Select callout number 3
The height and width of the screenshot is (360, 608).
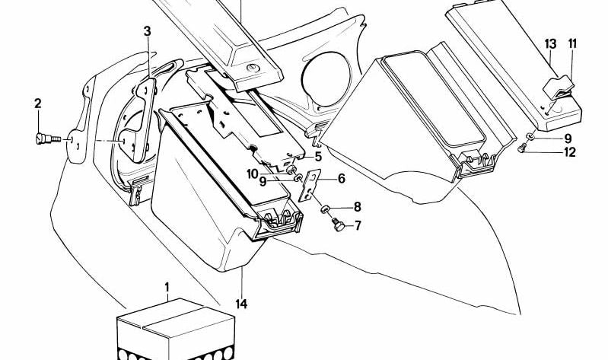pyautogui.click(x=148, y=31)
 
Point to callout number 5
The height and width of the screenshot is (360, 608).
pyautogui.click(x=318, y=157)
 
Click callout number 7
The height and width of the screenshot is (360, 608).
pyautogui.click(x=357, y=226)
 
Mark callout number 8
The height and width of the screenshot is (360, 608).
pyautogui.click(x=357, y=207)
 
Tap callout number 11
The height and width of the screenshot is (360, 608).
pyautogui.click(x=572, y=43)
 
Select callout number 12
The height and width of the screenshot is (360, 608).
pyautogui.click(x=570, y=152)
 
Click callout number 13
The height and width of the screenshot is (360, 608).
pyautogui.click(x=550, y=43)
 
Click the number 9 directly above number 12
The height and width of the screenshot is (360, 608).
pyautogui.click(x=567, y=139)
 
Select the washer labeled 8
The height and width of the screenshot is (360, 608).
pyautogui.click(x=325, y=208)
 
